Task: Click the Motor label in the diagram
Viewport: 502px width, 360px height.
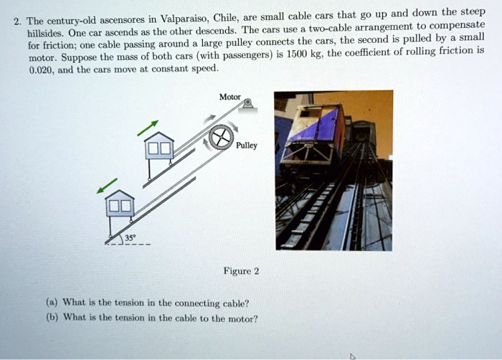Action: tap(230, 98)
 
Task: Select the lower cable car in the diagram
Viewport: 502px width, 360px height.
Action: tap(119, 208)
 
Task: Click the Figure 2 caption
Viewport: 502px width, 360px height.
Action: tap(241, 271)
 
